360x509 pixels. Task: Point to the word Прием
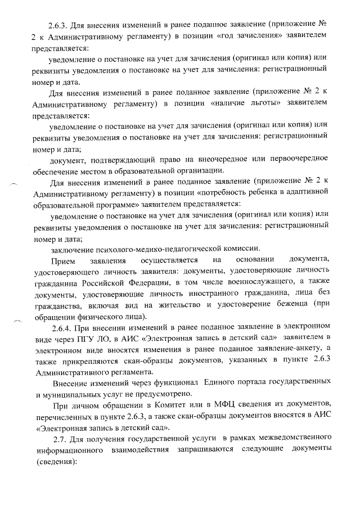point(62,260)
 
